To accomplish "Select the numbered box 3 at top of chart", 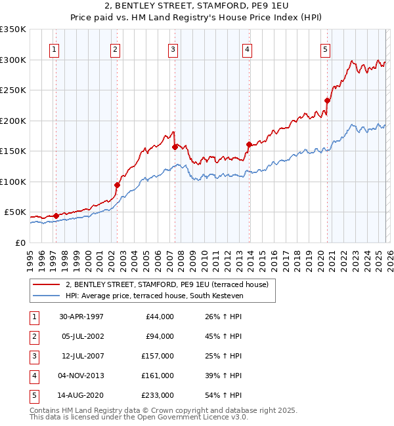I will [x=173, y=48].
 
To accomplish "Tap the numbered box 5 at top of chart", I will [x=326, y=48].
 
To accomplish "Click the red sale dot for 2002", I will [x=117, y=185].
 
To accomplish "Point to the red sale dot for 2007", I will [x=175, y=147].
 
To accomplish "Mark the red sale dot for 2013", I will [x=248, y=144].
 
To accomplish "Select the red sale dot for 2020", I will [x=327, y=100].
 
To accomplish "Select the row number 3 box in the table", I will [x=33, y=356].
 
